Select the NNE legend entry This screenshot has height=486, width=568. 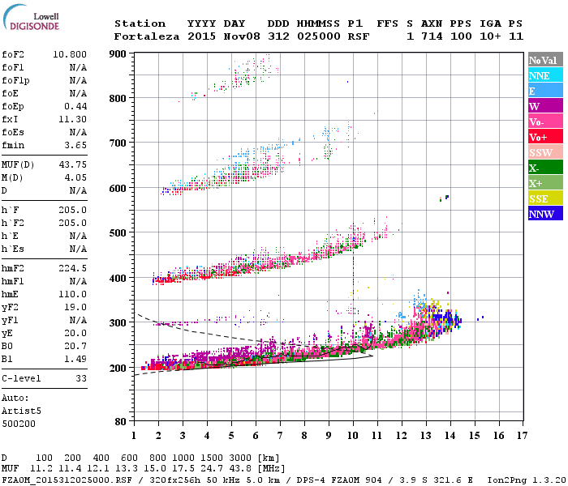click(540, 75)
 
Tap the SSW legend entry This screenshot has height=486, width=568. click(540, 152)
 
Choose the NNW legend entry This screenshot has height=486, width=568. click(540, 214)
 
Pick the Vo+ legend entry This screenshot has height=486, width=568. click(540, 137)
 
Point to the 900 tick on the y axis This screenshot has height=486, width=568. click(118, 54)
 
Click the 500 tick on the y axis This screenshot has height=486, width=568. click(118, 233)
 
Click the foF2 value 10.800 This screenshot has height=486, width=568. click(70, 55)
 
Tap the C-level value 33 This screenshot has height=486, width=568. click(81, 378)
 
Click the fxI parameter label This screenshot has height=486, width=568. click(11, 120)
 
